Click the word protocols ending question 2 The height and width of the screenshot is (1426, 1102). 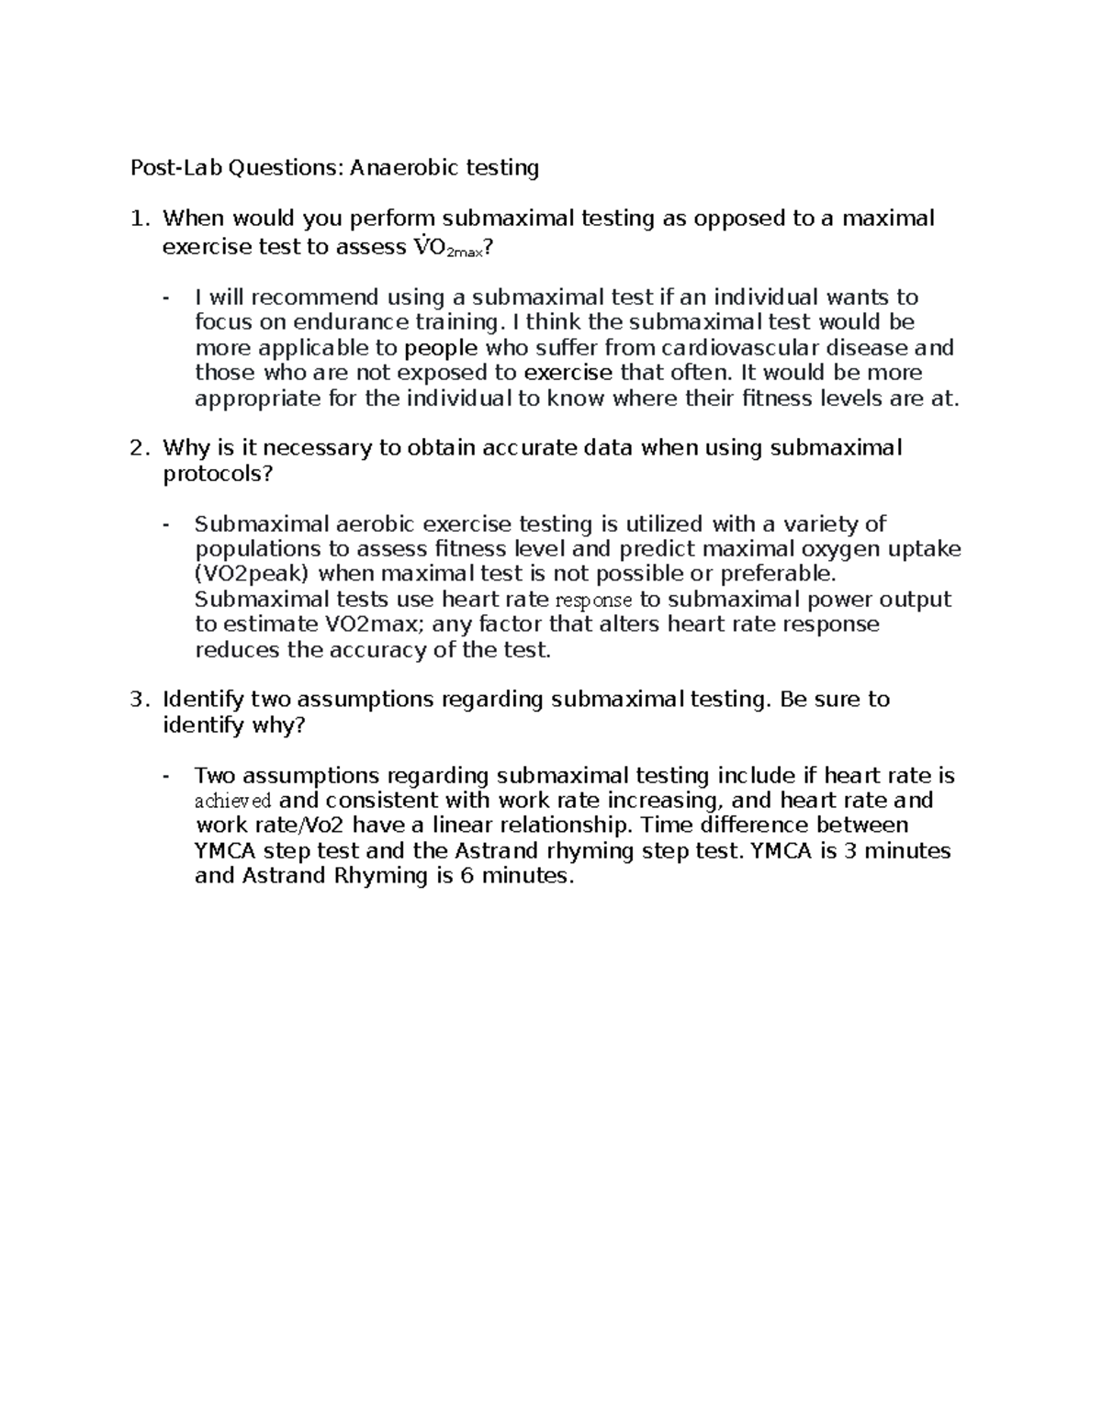217,474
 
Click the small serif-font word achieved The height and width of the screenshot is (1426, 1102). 233,801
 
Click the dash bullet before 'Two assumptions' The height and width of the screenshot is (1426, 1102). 166,776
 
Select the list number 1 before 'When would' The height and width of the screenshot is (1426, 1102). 137,219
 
